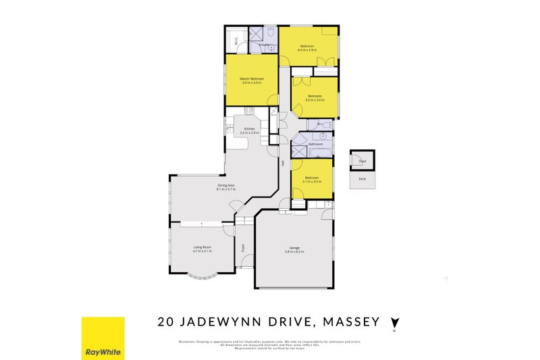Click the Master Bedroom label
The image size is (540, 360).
point(252,78)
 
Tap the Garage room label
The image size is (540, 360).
point(294,248)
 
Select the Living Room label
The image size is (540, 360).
point(202,247)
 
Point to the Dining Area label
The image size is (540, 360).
point(225,185)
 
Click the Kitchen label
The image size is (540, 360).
point(250,128)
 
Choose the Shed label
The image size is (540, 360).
point(362,161)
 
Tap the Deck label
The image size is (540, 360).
point(362,179)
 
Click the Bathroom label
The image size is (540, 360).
point(316,144)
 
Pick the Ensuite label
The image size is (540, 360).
point(265,45)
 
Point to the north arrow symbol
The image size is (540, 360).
point(396,322)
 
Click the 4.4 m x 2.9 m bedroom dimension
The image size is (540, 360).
point(308,50)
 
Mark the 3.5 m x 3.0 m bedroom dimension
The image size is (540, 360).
point(315,100)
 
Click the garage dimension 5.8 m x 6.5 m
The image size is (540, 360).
point(294,252)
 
